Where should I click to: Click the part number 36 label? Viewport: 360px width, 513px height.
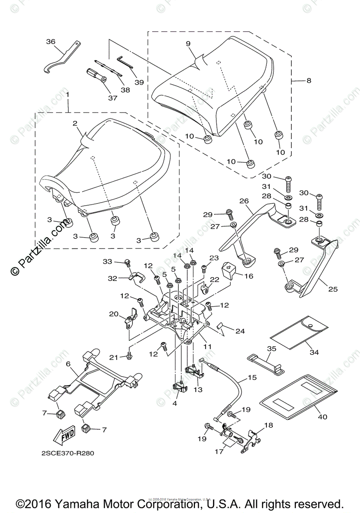pos(50,42)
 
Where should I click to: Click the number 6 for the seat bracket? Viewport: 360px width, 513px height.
pos(68,363)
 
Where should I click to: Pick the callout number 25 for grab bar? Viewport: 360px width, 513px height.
pos(333,289)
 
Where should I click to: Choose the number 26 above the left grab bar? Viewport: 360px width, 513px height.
pos(244,201)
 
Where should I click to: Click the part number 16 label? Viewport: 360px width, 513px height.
pos(248,276)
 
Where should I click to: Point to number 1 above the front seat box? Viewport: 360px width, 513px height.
pos(67,93)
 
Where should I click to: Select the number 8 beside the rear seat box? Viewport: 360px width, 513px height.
pos(309,80)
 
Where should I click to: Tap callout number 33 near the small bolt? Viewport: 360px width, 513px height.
pos(107,261)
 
